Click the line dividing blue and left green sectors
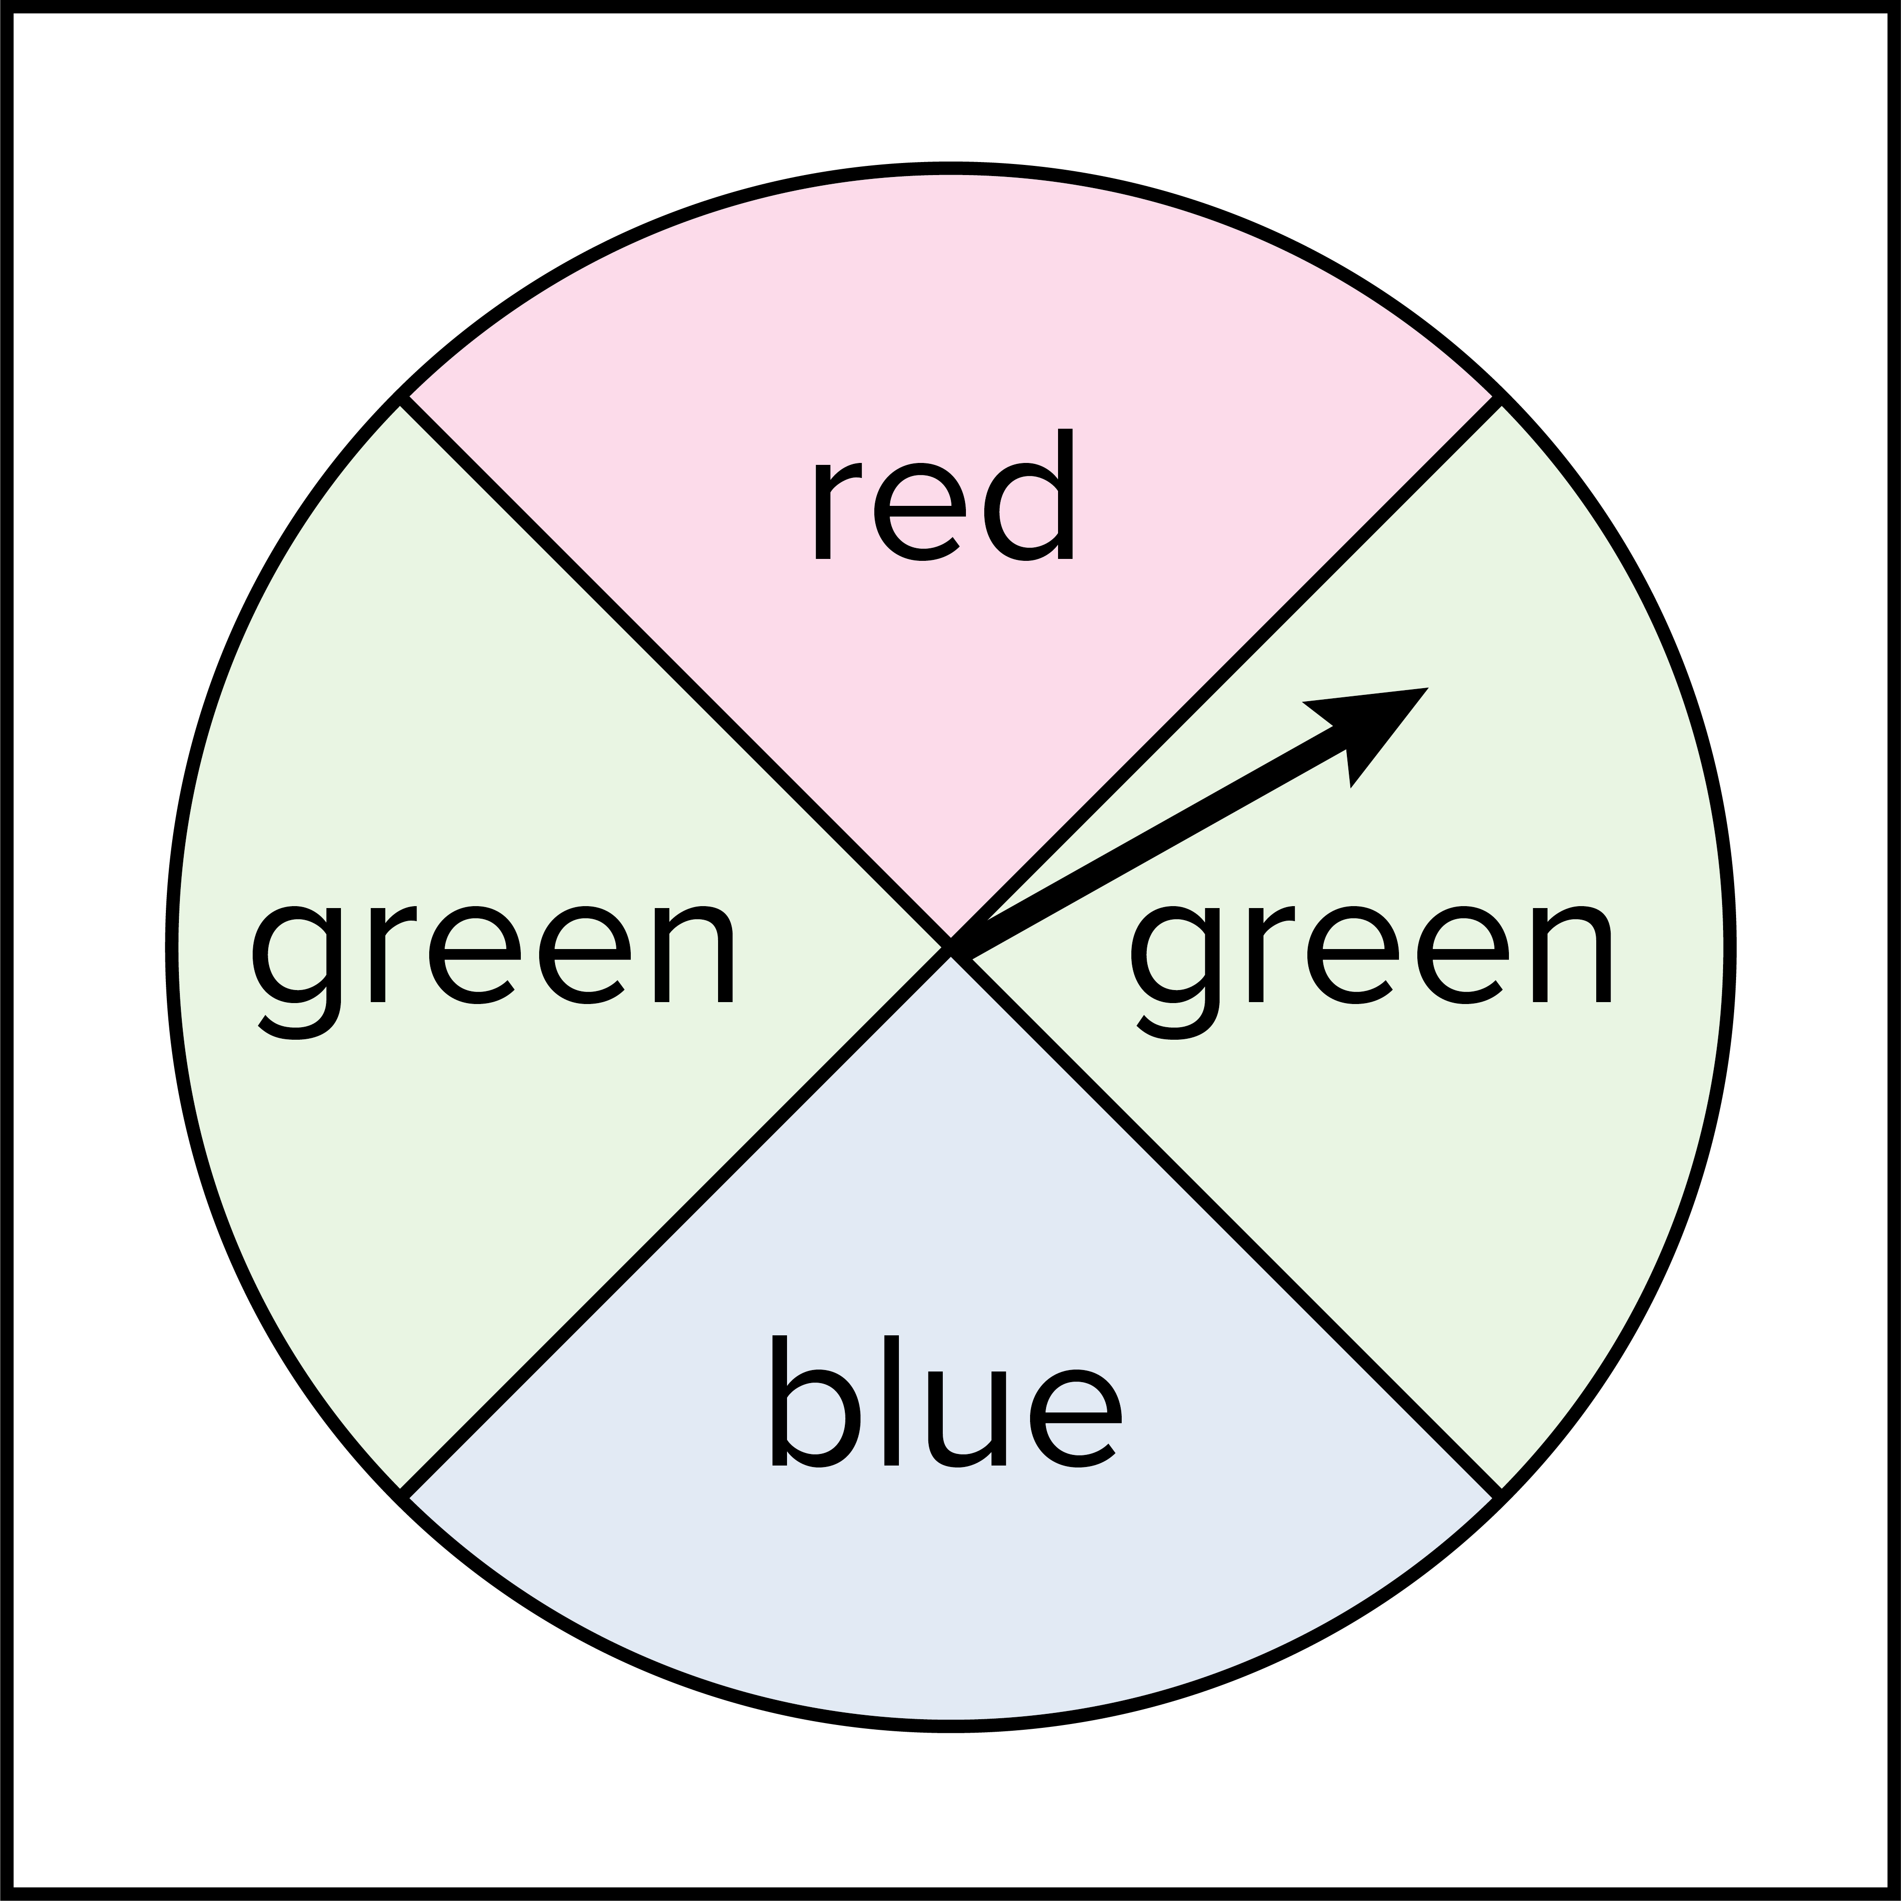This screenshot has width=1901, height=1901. pyautogui.click(x=679, y=1220)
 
